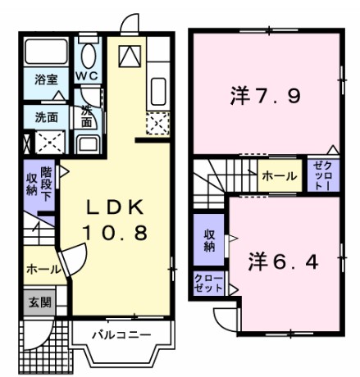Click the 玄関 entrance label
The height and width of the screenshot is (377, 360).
38,302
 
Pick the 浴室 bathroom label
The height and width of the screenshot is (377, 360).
46,79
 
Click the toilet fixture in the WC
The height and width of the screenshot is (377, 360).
89,52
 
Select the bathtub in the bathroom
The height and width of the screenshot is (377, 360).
45,54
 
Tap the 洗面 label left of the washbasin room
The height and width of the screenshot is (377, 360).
46,116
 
